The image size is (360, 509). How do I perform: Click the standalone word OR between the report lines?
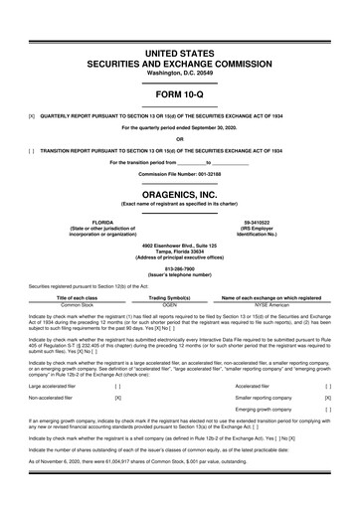(179, 138)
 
